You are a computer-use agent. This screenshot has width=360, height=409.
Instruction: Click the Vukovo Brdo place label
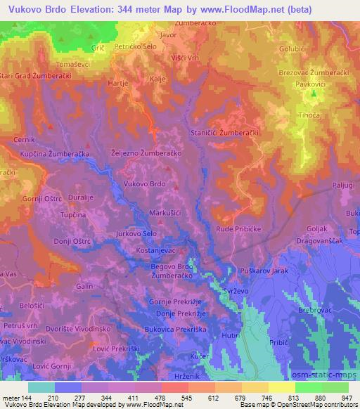(144, 183)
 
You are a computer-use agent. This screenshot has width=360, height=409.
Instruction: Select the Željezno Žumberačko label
(147, 152)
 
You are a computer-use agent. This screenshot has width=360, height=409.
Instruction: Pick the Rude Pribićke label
(238, 229)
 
